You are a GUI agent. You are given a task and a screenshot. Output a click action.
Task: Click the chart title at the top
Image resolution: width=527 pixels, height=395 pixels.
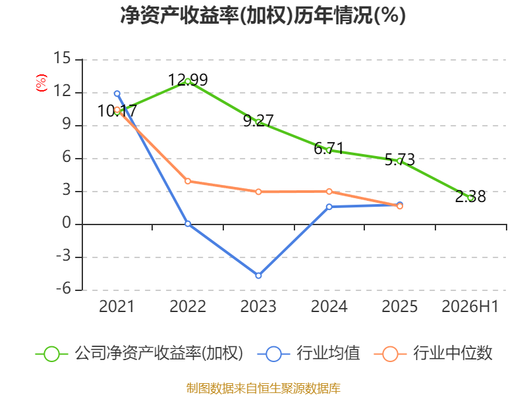click(x=263, y=15)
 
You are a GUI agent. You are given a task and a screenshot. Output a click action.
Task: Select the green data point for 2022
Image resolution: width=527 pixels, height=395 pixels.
click(x=188, y=81)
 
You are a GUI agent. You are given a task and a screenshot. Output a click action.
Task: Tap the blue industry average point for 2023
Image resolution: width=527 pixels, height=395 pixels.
click(x=258, y=275)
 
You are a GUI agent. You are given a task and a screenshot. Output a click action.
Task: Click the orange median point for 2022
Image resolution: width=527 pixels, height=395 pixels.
click(x=188, y=181)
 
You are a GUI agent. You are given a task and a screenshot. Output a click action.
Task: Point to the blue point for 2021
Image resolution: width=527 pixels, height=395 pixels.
click(x=117, y=93)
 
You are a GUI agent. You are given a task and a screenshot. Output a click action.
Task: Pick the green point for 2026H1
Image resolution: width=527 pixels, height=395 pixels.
click(x=470, y=198)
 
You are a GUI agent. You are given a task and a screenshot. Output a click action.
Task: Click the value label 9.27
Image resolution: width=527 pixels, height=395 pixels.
click(x=258, y=121)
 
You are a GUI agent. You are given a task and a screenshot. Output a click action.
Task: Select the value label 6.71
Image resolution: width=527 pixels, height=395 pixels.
click(x=329, y=149)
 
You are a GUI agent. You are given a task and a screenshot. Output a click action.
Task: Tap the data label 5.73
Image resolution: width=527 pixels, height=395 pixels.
click(x=400, y=159)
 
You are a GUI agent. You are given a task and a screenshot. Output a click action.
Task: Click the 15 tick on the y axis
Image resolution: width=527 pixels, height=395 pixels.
click(x=62, y=58)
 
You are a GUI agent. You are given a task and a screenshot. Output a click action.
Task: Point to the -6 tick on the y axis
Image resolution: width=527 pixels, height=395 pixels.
click(x=63, y=288)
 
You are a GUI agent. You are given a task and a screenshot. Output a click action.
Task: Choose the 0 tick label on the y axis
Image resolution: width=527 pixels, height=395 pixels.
click(x=67, y=223)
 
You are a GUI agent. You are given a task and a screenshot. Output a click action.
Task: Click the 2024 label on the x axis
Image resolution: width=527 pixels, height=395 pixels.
click(x=329, y=306)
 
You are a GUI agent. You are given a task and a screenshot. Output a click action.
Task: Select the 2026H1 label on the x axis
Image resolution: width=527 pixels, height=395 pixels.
click(x=470, y=306)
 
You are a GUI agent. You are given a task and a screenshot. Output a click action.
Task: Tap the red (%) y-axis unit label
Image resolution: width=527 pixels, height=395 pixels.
click(x=42, y=83)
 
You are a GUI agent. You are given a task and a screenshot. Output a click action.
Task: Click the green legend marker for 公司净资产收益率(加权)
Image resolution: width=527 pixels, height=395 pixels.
click(x=52, y=354)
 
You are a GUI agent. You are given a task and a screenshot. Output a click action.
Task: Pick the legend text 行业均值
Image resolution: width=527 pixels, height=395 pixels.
click(x=328, y=354)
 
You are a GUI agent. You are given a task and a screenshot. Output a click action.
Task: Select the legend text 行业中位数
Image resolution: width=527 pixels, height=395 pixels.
click(x=453, y=354)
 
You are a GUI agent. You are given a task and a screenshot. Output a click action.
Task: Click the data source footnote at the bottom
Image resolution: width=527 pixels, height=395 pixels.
click(x=263, y=388)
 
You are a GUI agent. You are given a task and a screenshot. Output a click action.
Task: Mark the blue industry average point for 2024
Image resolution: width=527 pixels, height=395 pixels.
click(x=329, y=207)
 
